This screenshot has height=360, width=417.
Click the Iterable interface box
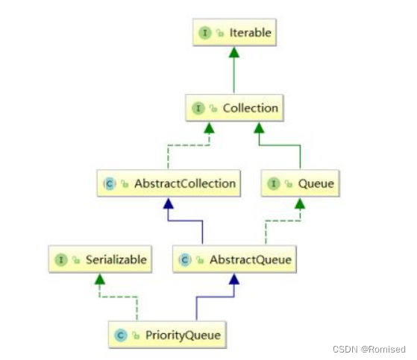pos(234,34)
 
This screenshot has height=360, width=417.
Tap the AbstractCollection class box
pos(169,183)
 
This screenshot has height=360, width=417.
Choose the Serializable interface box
pos(100,260)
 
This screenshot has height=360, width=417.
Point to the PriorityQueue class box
pos(169,335)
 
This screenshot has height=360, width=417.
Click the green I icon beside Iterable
pos(205,34)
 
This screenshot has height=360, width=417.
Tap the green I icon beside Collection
pos(198,109)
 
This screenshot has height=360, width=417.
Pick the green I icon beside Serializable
pos(60,261)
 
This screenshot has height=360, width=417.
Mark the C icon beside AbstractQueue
pos(185,261)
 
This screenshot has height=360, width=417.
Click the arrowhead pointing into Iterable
pos(234,52)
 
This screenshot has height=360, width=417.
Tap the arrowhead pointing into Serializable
pos(100,279)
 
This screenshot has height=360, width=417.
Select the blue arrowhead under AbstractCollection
pos(169,202)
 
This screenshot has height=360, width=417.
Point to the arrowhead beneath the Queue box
pos(301,202)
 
